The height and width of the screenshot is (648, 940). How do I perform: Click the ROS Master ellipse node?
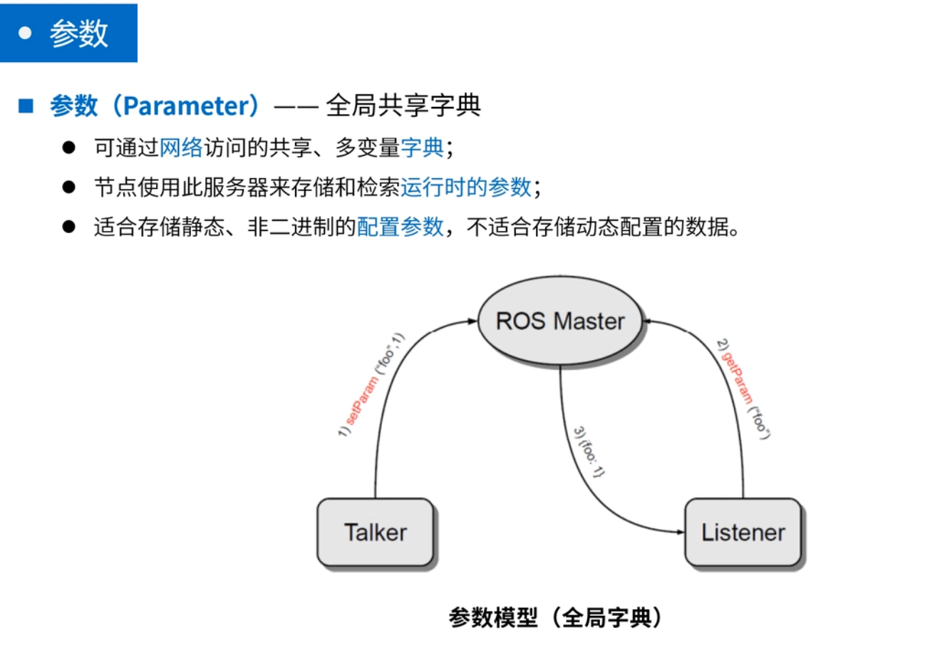pyautogui.click(x=559, y=322)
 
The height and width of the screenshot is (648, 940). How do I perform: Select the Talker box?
pyautogui.click(x=375, y=533)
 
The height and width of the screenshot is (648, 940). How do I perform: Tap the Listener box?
pyautogui.click(x=743, y=533)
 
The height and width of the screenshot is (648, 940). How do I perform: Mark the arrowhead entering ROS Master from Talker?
pyautogui.click(x=472, y=322)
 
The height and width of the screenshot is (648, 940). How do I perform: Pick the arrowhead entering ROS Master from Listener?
pyautogui.click(x=648, y=322)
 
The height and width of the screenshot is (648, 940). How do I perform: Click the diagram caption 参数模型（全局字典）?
pyautogui.click(x=555, y=617)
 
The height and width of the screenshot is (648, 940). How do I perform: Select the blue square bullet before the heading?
pyautogui.click(x=26, y=107)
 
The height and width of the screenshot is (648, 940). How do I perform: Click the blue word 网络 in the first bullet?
pyautogui.click(x=181, y=148)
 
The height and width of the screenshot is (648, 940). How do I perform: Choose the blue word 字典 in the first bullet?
pyautogui.click(x=423, y=148)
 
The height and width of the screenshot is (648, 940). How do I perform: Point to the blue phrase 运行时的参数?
pyautogui.click(x=466, y=187)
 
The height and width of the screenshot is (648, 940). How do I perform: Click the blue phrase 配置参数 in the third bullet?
pyautogui.click(x=401, y=227)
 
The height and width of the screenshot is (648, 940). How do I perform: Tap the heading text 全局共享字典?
pyautogui.click(x=403, y=106)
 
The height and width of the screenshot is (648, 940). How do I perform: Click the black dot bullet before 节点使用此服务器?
pyautogui.click(x=68, y=187)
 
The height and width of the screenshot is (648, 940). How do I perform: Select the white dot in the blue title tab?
pyautogui.click(x=25, y=34)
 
